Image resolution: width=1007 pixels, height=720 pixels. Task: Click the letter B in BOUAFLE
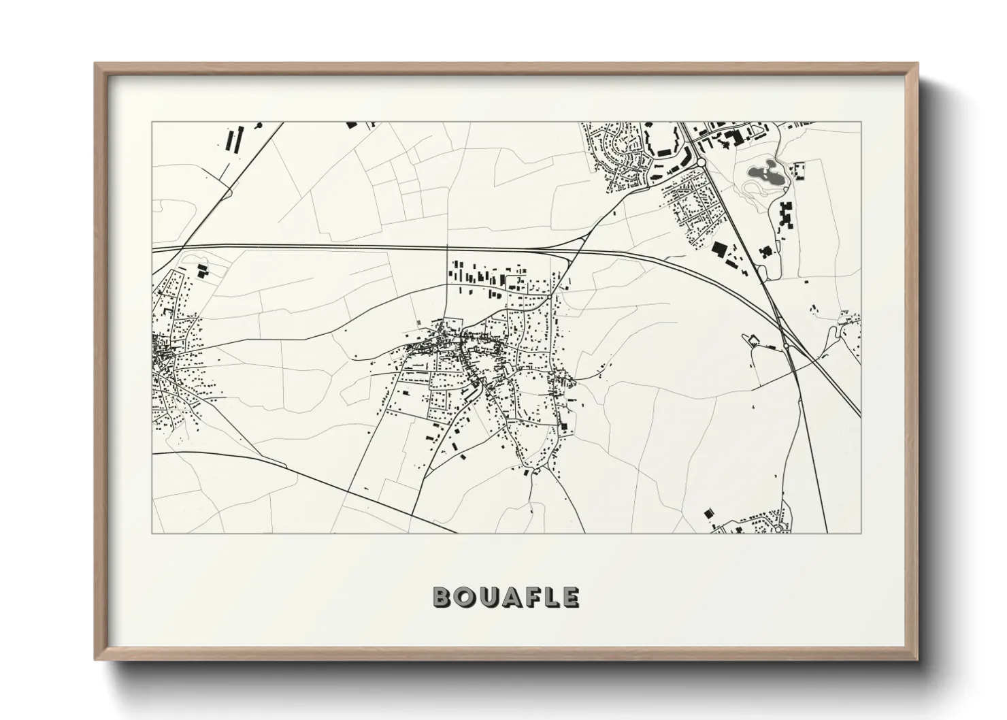441,597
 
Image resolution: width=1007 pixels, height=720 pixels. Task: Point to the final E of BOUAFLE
571,597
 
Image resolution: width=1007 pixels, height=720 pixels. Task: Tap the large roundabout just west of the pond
700,163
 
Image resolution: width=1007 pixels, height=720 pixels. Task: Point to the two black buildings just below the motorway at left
201,270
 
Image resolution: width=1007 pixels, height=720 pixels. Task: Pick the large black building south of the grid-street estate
718,249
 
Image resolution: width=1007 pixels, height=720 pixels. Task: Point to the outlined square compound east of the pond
799,169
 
